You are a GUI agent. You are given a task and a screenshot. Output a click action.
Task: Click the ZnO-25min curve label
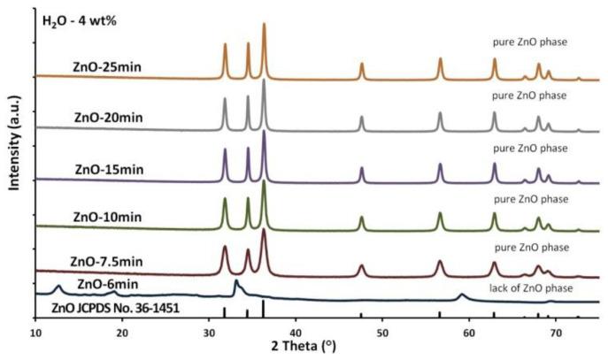(x=110, y=66)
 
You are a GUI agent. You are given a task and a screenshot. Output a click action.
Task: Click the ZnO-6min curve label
(x=108, y=284)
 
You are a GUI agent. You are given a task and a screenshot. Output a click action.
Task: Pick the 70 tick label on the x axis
(x=556, y=332)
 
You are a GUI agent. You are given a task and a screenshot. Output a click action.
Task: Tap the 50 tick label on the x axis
(x=382, y=332)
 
